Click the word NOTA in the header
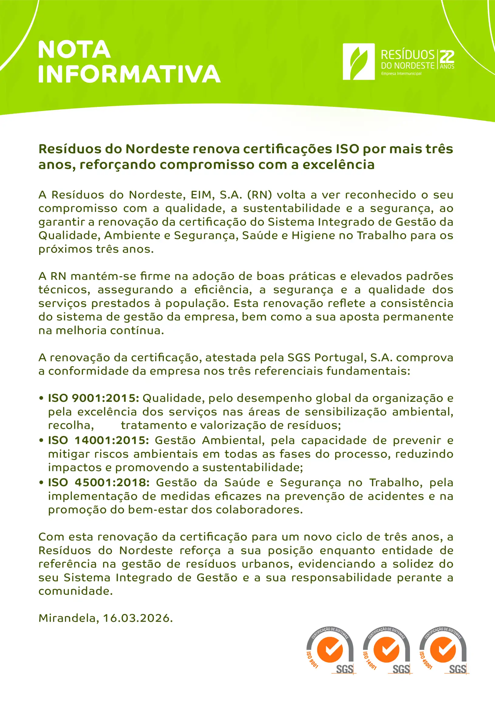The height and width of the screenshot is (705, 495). [x=74, y=49]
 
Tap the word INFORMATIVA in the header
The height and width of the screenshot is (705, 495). [x=129, y=74]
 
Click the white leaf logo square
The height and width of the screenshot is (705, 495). [x=358, y=62]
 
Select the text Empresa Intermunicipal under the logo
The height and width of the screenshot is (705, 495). [x=401, y=74]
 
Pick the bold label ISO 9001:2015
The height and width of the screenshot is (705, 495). [x=93, y=398]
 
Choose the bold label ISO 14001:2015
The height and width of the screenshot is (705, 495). [x=98, y=440]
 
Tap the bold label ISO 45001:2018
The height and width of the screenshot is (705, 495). [x=99, y=482]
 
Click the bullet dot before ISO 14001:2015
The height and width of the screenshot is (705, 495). [x=41, y=441]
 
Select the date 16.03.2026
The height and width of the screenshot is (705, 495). [x=138, y=618]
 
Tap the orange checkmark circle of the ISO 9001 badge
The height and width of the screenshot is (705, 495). [x=330, y=649]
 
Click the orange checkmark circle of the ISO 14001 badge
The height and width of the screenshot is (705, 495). [x=386, y=649]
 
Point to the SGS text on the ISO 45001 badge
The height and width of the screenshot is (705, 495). [x=457, y=669]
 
